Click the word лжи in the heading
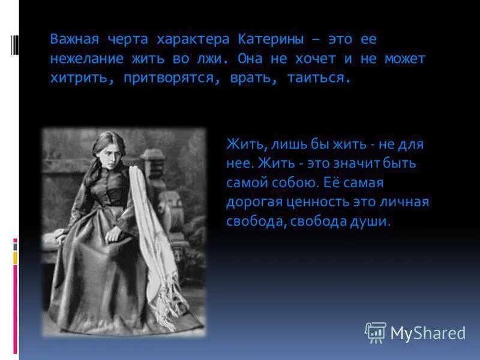214,59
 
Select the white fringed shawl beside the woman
156,252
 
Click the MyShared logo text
428,332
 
